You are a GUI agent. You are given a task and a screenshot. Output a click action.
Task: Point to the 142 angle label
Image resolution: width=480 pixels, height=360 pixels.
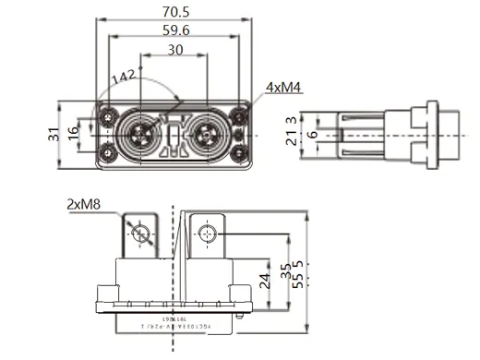[x=122, y=78]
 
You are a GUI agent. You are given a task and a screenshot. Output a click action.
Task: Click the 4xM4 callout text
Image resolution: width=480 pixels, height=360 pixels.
[x=282, y=88]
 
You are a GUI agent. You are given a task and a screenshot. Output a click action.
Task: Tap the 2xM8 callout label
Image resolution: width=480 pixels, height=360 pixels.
[x=84, y=204]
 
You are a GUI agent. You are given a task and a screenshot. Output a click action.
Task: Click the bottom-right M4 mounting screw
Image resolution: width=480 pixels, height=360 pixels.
[x=238, y=153]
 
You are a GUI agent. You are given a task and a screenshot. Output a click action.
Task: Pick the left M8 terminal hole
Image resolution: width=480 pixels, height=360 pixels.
[x=140, y=232]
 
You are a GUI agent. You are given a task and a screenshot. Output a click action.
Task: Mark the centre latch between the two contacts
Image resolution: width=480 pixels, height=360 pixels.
[x=174, y=136]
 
